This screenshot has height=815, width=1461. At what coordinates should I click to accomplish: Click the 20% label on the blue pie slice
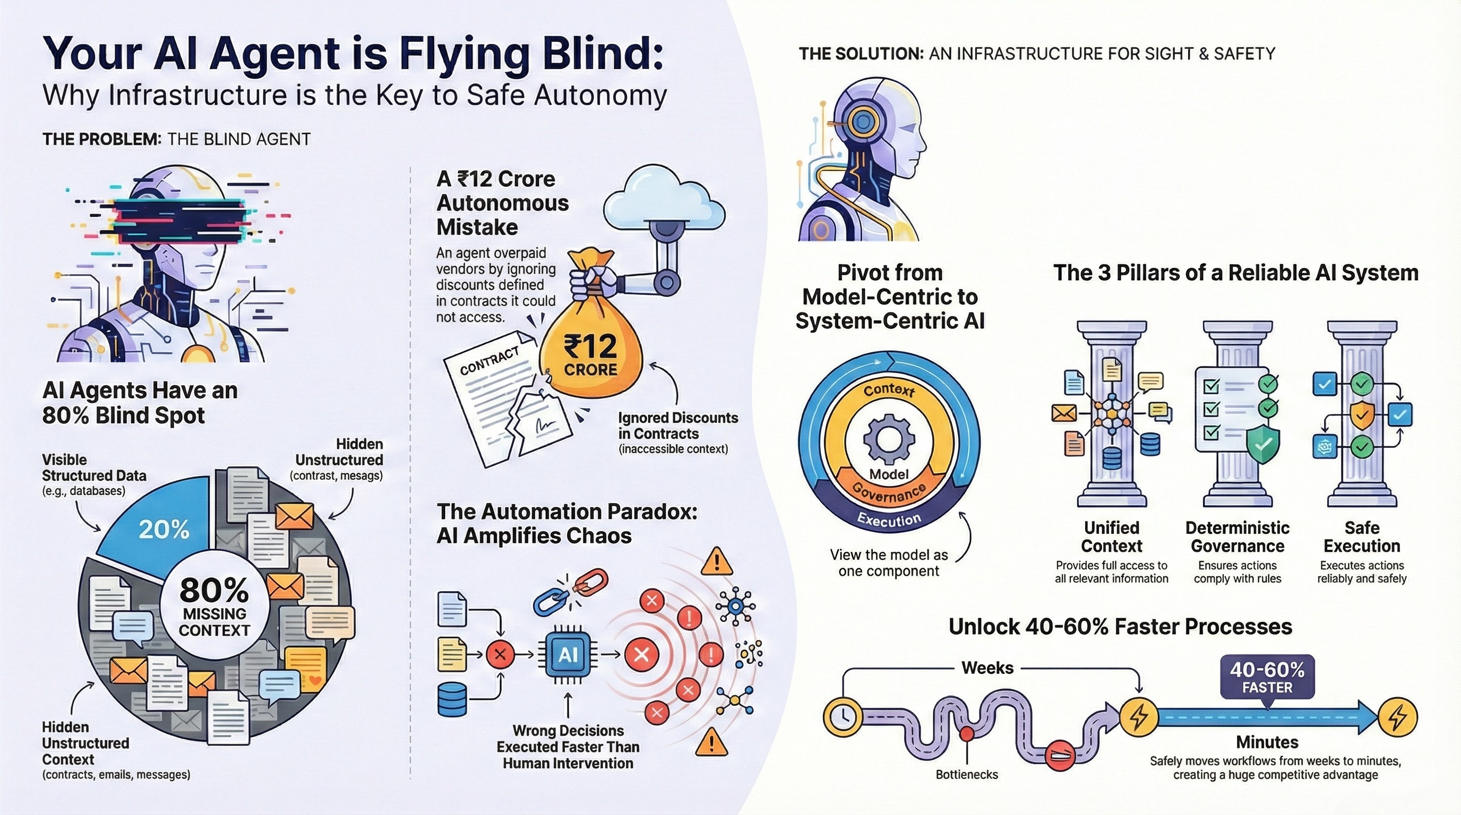(164, 530)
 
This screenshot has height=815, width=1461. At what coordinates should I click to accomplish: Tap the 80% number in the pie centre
(214, 591)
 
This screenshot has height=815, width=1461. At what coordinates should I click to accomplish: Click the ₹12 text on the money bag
(590, 346)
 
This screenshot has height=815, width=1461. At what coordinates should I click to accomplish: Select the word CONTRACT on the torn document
(489, 361)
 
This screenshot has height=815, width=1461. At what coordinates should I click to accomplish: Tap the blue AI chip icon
(568, 655)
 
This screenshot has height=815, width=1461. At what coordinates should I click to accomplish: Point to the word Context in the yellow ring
(889, 391)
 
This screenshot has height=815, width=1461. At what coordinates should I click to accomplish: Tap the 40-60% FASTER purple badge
(1267, 678)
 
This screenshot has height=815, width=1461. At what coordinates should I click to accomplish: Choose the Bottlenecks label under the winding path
(966, 774)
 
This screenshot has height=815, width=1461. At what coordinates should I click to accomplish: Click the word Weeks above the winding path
(987, 667)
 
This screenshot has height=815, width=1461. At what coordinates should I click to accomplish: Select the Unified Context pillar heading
(1111, 537)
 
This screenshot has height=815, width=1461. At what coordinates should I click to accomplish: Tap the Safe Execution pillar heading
(1362, 537)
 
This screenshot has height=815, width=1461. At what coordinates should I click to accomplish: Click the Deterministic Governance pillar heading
(1237, 537)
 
